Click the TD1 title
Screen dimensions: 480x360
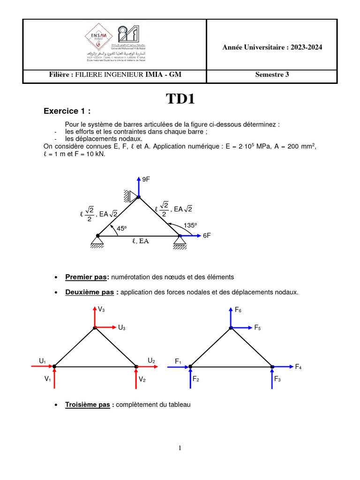coord(180,99)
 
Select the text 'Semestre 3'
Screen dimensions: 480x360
coord(272,74)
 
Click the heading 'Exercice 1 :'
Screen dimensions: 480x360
coord(67,112)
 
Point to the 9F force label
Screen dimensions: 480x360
coord(146,180)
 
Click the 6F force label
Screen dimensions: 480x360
coord(207,236)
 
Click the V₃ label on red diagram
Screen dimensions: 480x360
coord(101,309)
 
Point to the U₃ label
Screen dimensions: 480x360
coord(121,328)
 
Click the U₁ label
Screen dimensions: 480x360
coord(43,360)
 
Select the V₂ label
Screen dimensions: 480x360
coord(142,380)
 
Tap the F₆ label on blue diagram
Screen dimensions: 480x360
coord(238,310)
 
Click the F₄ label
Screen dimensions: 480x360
coord(298,367)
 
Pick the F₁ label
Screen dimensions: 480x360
coord(178,361)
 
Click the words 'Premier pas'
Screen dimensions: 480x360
coord(86,277)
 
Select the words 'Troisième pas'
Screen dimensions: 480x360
coord(87,405)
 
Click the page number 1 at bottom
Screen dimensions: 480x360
coord(180,448)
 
